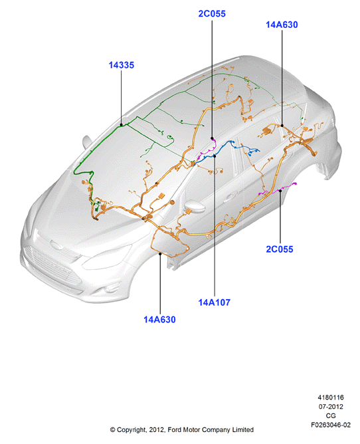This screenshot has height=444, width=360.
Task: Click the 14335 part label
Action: tap(122, 65)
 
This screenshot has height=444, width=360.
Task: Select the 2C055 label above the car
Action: tap(212, 13)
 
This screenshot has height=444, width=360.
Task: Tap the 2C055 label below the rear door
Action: tap(280, 249)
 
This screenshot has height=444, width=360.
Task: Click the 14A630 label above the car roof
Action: tap(282, 25)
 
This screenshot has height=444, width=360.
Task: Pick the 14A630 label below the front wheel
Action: tap(159, 320)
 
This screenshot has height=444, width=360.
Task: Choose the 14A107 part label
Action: tap(215, 302)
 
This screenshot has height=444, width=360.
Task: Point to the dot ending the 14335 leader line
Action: tap(122, 124)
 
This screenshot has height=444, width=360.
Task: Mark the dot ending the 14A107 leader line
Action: tap(215, 156)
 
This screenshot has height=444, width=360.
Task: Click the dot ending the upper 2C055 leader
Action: tap(212, 138)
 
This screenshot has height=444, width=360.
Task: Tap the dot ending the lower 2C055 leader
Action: tap(280, 191)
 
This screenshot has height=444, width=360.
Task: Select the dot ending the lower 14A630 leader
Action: tap(160, 254)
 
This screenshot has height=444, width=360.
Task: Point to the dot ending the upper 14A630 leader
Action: tap(282, 126)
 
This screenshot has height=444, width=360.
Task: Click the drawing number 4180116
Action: tap(331, 397)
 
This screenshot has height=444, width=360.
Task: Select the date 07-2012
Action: tap(331, 407)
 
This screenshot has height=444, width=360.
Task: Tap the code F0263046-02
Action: tap(331, 425)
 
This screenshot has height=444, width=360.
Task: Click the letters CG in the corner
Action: tap(331, 415)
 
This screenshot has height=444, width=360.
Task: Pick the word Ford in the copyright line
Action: tap(174, 430)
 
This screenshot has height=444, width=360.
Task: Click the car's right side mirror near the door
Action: tap(194, 206)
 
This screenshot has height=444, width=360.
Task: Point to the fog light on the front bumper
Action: tap(109, 289)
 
